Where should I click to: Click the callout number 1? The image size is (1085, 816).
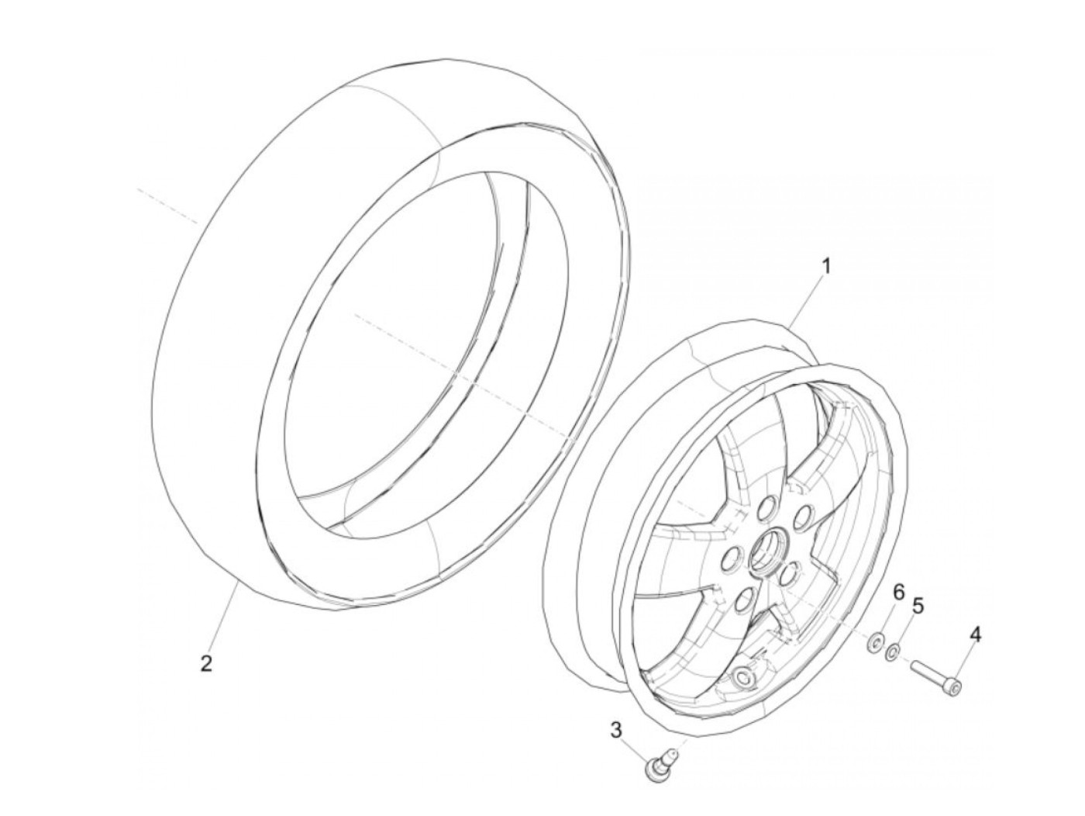click(825, 267)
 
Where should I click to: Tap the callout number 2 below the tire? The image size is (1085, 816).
click(206, 664)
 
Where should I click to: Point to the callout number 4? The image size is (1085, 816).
click(975, 635)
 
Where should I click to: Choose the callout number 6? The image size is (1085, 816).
click(899, 593)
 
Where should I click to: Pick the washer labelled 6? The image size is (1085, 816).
click(876, 641)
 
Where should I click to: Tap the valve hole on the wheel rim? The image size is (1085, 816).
click(747, 678)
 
